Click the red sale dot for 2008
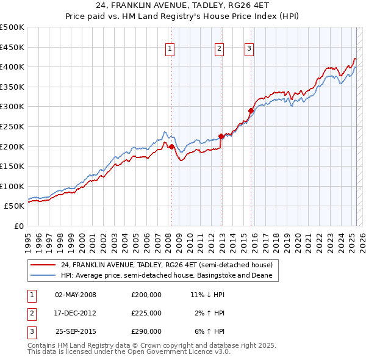(x=171, y=146)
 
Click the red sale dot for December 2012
(x=221, y=137)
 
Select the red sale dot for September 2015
(x=251, y=110)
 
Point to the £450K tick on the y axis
(x=12, y=47)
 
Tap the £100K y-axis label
(x=12, y=186)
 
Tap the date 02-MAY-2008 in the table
(x=76, y=295)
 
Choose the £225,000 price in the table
(x=146, y=313)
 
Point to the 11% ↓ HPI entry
(x=207, y=295)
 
